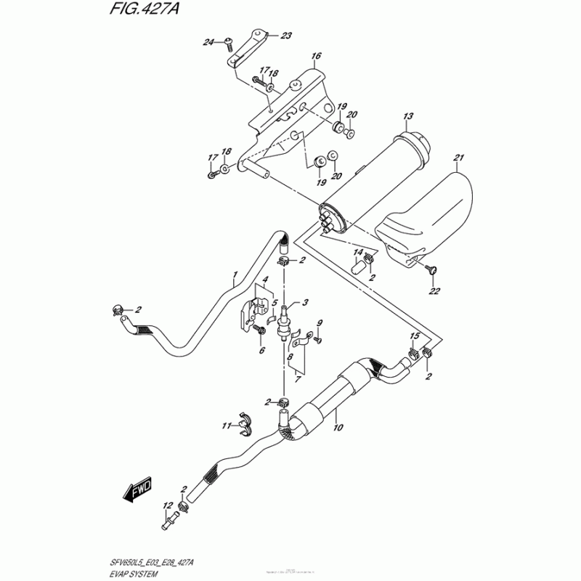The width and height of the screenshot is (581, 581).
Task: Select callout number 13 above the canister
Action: [407, 116]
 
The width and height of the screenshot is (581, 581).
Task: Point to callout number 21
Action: [458, 158]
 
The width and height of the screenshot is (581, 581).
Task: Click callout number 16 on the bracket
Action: [316, 56]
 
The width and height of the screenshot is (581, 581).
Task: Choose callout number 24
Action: [208, 41]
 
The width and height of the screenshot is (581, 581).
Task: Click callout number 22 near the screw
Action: [435, 292]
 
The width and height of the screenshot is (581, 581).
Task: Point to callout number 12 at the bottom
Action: [168, 505]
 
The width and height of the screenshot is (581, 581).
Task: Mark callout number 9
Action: [319, 322]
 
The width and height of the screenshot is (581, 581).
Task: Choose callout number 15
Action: [415, 336]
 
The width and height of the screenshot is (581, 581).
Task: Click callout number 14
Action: [358, 252]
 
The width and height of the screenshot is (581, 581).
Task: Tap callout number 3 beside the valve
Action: [306, 303]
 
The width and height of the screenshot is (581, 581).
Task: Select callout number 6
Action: [262, 350]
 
